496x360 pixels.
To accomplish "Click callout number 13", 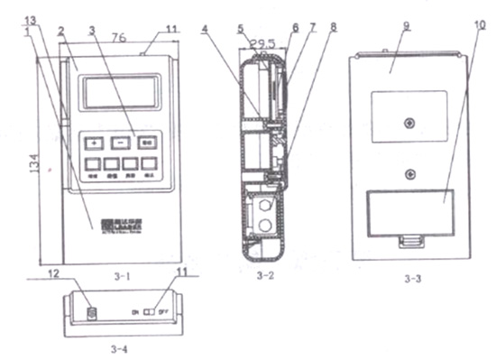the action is pyautogui.click(x=30, y=20).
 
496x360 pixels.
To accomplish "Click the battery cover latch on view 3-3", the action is pyautogui.click(x=410, y=242).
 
